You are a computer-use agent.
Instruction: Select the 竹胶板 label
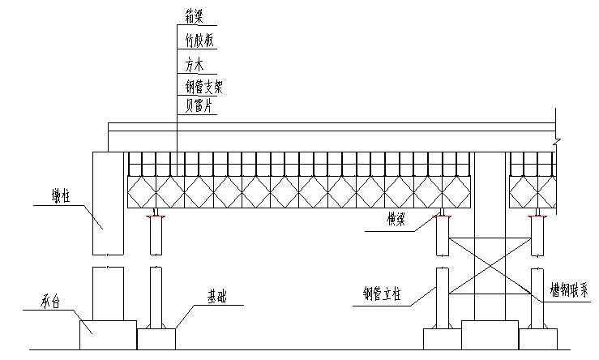[200, 39]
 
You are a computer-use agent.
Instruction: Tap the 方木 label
[195, 62]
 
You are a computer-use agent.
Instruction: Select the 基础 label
[217, 297]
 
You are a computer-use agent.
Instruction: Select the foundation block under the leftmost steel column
[156, 339]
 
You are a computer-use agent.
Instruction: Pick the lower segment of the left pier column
[109, 292]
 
